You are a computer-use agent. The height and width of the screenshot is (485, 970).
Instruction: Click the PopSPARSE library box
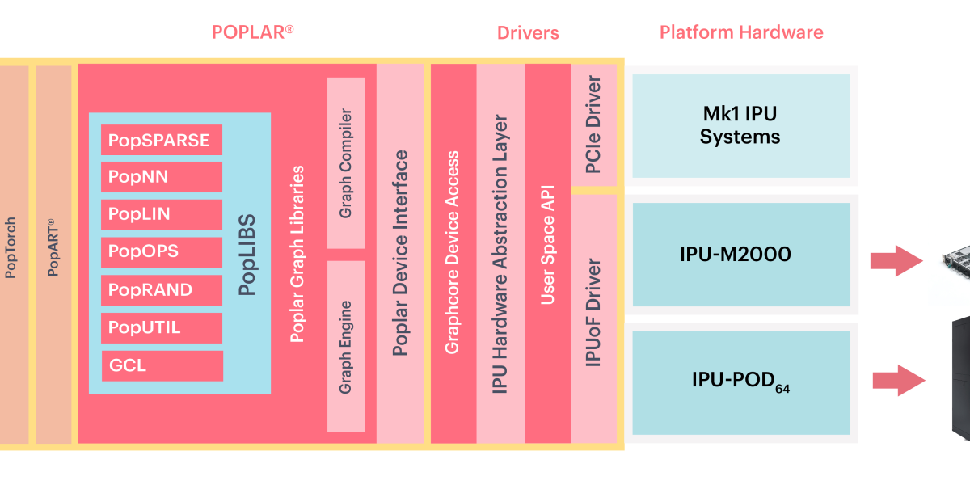click(x=162, y=141)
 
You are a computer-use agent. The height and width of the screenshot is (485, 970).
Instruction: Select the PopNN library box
click(x=162, y=177)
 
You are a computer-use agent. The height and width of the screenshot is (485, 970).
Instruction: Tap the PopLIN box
click(x=162, y=214)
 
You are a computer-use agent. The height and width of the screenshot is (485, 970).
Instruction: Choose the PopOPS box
click(x=162, y=251)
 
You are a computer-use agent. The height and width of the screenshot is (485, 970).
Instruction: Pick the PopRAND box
click(x=162, y=289)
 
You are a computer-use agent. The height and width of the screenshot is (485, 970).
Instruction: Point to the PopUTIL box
click(x=162, y=327)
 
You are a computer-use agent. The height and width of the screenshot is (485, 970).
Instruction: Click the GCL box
click(x=162, y=365)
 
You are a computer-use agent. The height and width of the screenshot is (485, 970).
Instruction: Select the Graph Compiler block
click(x=346, y=162)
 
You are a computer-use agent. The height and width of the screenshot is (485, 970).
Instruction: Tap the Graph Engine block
click(x=346, y=346)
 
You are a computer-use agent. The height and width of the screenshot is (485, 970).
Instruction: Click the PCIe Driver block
click(x=593, y=125)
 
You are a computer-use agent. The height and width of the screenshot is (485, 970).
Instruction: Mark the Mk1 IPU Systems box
click(x=740, y=126)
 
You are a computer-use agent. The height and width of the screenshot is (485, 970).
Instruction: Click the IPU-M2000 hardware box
click(x=740, y=255)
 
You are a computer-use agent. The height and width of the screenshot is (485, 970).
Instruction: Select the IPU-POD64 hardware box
click(x=740, y=382)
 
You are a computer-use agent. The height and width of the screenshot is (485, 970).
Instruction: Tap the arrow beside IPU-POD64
click(x=898, y=380)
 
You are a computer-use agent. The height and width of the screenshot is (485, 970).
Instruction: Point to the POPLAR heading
click(x=252, y=32)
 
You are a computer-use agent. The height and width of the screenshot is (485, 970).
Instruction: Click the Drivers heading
click(x=528, y=33)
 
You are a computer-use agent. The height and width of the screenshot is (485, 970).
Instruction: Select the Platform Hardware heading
click(x=741, y=32)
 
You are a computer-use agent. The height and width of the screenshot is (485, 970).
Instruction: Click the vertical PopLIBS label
click(x=247, y=254)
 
